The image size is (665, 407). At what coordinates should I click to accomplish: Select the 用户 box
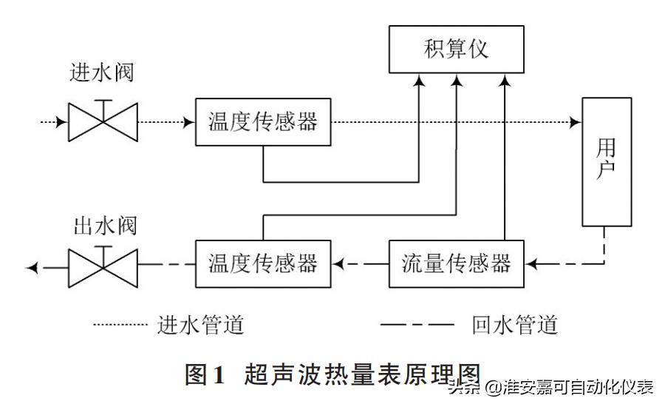point(606,161)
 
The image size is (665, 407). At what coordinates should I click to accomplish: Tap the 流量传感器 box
point(456,263)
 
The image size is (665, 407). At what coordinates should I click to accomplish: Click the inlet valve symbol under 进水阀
point(103,121)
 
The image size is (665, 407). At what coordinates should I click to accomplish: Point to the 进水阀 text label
point(103,74)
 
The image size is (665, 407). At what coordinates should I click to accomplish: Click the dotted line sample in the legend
point(121,324)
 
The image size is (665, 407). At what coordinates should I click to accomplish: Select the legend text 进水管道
point(200,324)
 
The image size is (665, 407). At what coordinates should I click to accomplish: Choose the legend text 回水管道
point(514,324)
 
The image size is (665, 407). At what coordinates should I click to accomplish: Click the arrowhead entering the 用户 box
point(575,122)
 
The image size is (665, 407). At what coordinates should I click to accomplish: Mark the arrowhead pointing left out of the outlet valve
point(32,264)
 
